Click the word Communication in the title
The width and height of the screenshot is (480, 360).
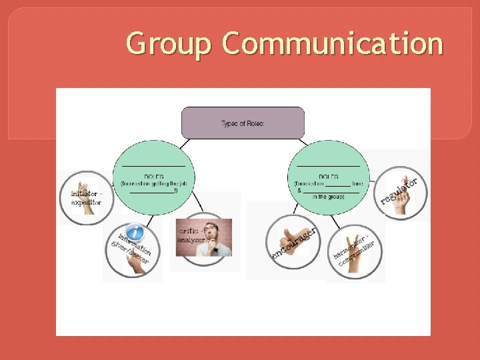tap(333, 44)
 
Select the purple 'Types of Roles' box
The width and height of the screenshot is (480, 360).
tap(243, 123)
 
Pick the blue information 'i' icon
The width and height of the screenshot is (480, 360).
tap(136, 233)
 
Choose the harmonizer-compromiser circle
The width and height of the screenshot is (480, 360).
tap(356, 251)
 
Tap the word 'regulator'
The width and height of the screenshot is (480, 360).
tap(399, 191)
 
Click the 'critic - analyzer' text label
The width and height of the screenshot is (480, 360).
tap(193, 234)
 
